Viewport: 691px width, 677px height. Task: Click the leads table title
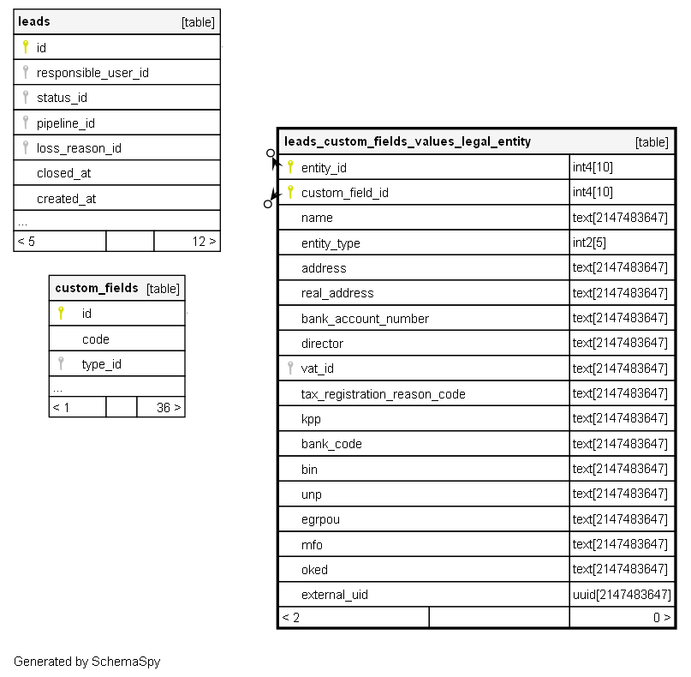point(34,21)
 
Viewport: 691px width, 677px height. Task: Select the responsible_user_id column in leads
point(92,73)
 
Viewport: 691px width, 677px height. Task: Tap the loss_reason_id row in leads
point(79,148)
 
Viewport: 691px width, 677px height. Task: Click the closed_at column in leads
point(63,173)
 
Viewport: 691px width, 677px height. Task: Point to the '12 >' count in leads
point(204,242)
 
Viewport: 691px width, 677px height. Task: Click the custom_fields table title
point(96,288)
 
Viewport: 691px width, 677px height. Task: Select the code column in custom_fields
point(96,339)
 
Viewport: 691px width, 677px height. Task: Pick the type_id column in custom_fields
point(102,364)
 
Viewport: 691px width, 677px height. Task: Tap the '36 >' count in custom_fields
point(168,408)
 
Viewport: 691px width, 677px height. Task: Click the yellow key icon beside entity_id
point(290,167)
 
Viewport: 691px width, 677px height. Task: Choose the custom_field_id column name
point(344,193)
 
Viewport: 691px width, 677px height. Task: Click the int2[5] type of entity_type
point(589,243)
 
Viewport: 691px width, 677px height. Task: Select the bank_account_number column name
point(365,319)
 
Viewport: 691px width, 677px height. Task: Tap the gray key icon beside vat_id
point(290,368)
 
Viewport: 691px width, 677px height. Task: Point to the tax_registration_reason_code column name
point(383,394)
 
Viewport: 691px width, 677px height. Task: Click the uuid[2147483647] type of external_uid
point(622,595)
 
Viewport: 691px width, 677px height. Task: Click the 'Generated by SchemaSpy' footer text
point(86,662)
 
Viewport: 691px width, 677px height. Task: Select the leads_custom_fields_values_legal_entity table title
point(407,141)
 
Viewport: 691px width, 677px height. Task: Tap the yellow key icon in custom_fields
point(61,314)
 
